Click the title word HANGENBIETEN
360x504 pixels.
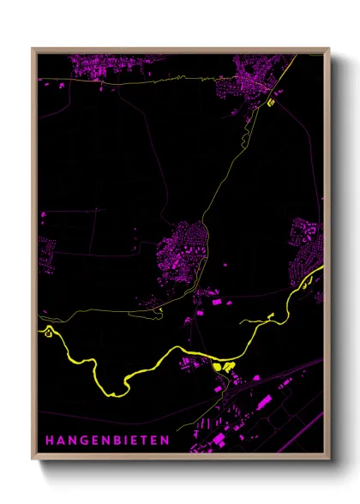[x=106, y=440]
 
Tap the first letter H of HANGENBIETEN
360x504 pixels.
[x=49, y=440]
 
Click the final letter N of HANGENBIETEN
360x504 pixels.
[x=165, y=440]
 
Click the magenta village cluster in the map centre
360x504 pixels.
[x=182, y=253]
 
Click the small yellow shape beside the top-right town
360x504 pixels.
[x=271, y=102]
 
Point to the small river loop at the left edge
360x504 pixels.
[x=49, y=330]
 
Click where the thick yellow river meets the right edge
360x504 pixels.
[x=321, y=273]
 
